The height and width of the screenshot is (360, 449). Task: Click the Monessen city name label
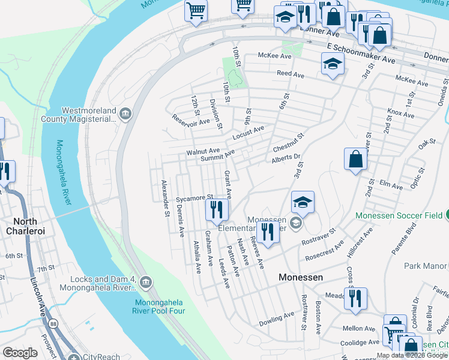[301, 278]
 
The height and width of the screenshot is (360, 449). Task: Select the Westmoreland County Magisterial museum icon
[125, 114]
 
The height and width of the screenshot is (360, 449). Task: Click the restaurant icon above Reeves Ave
[268, 232]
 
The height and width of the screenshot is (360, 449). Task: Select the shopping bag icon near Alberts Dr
[356, 159]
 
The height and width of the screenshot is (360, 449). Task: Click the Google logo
[20, 352]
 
